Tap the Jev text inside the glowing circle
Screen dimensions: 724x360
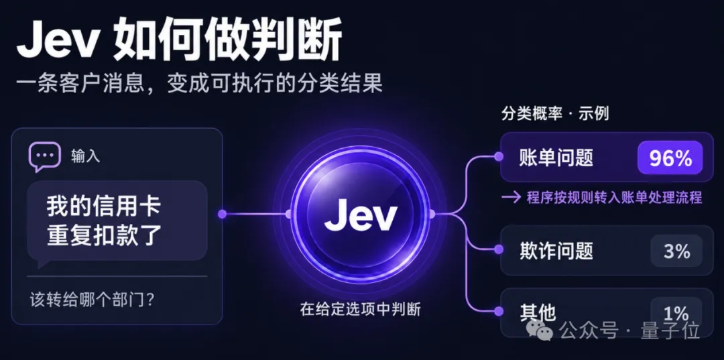(x=360, y=216)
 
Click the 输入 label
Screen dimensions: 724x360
(x=85, y=156)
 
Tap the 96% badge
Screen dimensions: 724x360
(x=670, y=158)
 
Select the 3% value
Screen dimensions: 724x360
(x=676, y=251)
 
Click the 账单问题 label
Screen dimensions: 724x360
(x=556, y=158)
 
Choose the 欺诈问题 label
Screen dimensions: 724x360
(x=556, y=251)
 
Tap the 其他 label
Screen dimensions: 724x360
(x=537, y=314)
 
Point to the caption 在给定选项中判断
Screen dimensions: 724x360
(x=360, y=309)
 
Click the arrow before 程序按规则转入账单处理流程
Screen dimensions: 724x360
(x=511, y=198)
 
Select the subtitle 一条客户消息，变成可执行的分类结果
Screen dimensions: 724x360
(x=199, y=84)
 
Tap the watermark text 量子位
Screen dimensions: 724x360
(x=670, y=331)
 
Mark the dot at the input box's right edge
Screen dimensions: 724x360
(x=222, y=214)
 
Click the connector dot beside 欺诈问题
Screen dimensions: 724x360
(x=498, y=249)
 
